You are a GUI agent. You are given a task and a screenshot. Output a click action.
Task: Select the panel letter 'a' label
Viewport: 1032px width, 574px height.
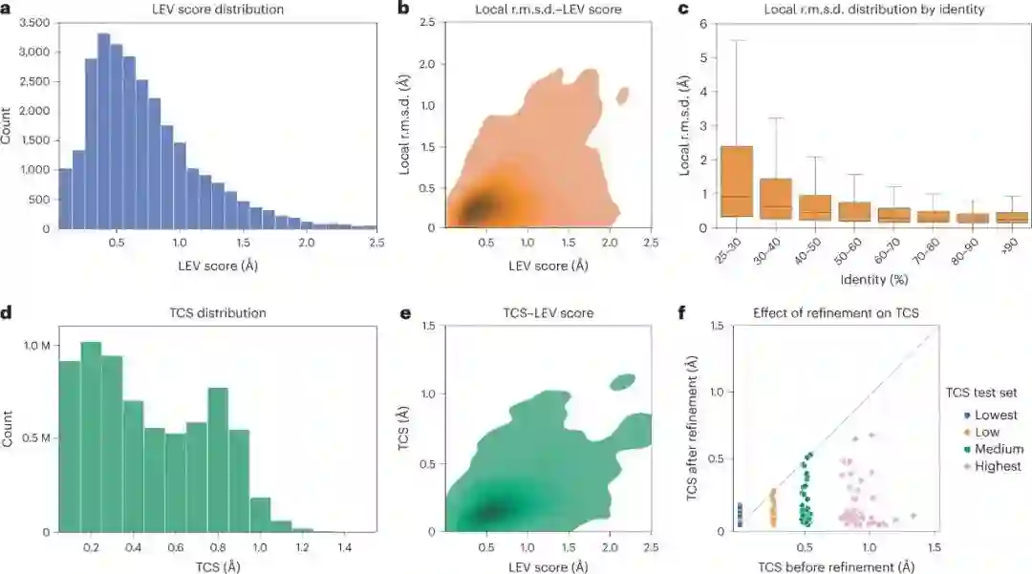[7, 10]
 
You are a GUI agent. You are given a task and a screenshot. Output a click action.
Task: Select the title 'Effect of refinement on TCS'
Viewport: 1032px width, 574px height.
[833, 312]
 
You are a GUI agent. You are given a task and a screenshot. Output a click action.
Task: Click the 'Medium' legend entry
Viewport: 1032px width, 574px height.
[998, 449]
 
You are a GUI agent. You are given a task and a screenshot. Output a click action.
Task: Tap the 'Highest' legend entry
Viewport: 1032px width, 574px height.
[998, 466]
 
